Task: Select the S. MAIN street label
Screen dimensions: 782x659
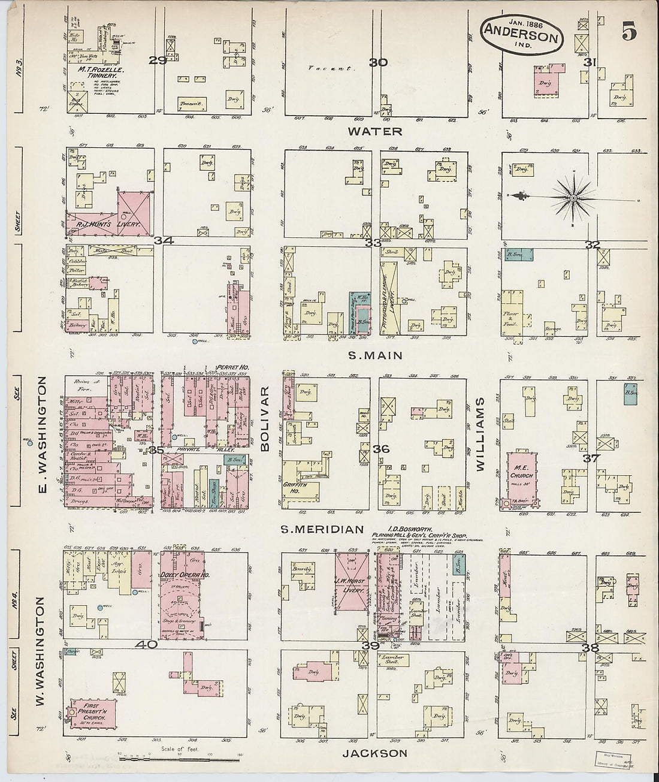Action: pos(375,355)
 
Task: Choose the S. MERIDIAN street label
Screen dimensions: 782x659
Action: pos(322,529)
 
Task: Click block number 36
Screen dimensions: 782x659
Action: pos(381,449)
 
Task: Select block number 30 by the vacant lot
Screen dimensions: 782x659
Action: pos(379,62)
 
